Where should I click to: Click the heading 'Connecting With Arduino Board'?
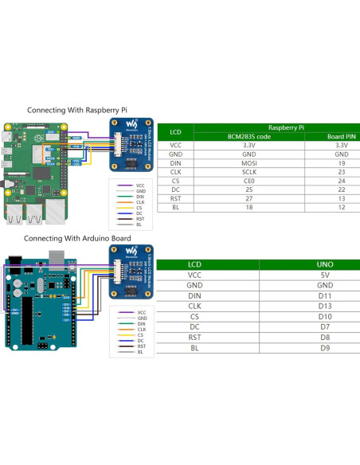[x=77, y=238]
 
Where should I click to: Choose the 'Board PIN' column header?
[x=342, y=136]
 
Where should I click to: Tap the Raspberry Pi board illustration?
[x=36, y=171]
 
